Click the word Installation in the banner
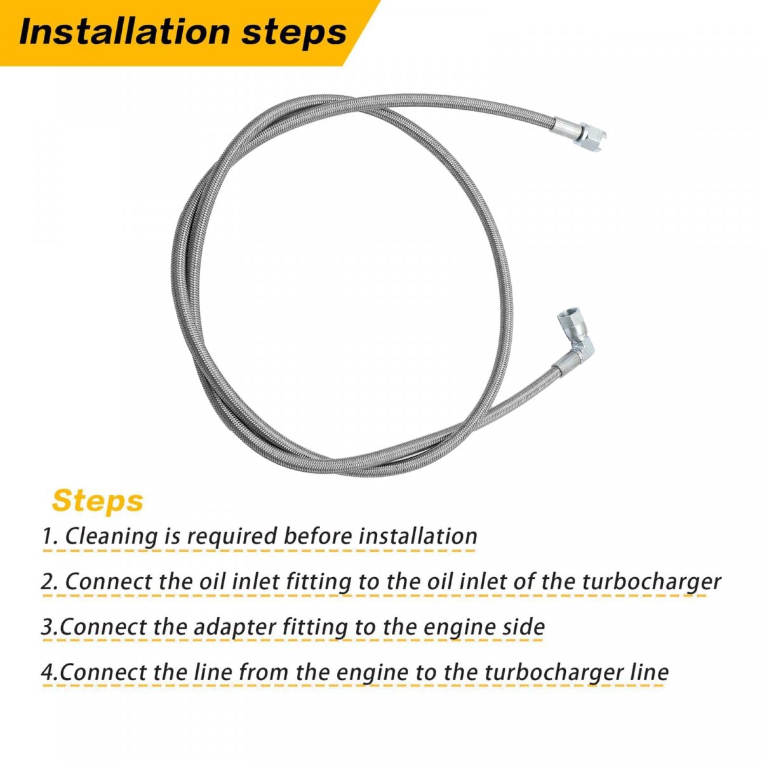pos(124,32)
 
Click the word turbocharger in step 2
pos(651,583)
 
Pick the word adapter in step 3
pos(223,628)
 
